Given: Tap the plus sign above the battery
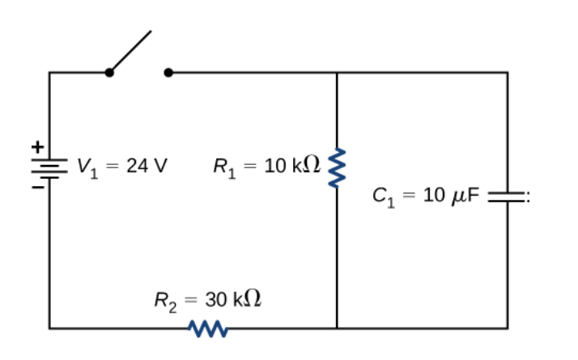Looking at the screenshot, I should (x=36, y=147).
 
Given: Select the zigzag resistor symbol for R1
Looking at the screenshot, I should (x=337, y=167).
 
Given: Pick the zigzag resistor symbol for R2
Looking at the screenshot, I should (x=206, y=328).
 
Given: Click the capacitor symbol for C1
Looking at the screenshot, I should (x=508, y=195).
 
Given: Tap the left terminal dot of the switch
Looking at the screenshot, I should (x=109, y=73).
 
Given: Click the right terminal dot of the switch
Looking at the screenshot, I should (x=168, y=73).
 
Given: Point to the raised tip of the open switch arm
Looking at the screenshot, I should (x=151, y=33).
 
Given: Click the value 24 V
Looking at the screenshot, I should (x=147, y=167).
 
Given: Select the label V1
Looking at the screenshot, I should (x=87, y=167).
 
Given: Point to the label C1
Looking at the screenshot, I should (x=384, y=196).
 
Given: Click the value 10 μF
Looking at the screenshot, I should (x=453, y=196).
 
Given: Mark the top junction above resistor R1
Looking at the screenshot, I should (x=337, y=73).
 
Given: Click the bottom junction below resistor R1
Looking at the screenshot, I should (x=337, y=328).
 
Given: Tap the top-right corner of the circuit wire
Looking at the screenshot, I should (x=508, y=73).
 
